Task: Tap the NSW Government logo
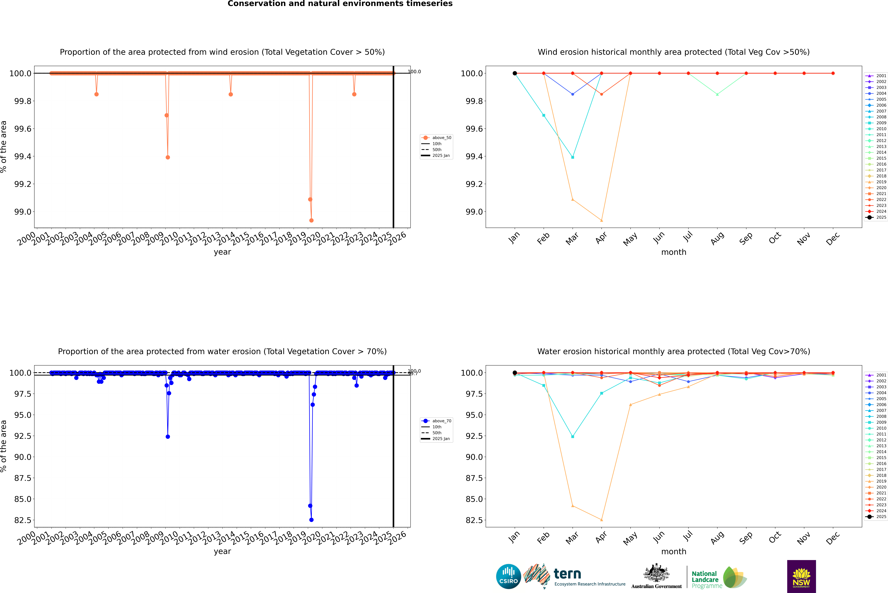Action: coord(801,576)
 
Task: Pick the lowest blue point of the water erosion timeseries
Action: coord(311,520)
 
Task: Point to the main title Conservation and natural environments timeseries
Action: coord(340,4)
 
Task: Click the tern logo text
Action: coord(567,574)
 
